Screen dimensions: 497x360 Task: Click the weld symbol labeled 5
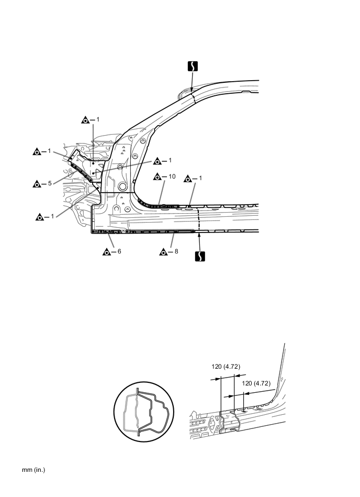37,184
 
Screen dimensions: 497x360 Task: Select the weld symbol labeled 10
157,177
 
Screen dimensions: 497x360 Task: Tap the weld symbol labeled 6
106,252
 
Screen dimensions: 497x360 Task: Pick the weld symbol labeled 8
163,252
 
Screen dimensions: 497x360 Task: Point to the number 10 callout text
171,176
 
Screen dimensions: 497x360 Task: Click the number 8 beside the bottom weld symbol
176,252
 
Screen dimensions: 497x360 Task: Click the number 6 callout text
119,252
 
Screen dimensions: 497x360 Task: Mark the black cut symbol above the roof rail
192,67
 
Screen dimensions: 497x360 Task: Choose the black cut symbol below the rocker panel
199,256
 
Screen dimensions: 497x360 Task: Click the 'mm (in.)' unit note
33,470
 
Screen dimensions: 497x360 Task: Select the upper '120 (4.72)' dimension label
226,367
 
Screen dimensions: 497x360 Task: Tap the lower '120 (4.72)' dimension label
256,383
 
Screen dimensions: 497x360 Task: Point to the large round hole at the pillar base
122,186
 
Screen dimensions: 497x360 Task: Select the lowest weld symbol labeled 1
40,216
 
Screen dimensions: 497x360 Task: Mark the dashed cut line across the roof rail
192,97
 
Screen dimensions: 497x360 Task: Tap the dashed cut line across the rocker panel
198,220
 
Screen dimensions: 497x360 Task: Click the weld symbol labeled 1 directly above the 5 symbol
37,151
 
